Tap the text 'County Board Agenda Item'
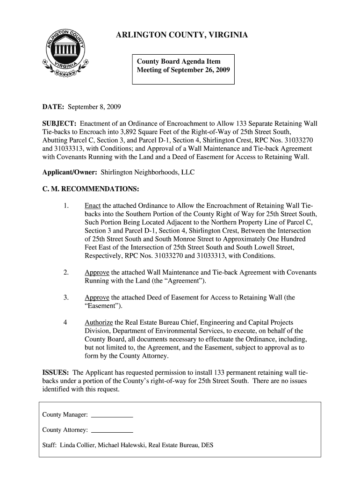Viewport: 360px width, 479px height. [178, 61]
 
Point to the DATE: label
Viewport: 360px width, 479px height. [53, 107]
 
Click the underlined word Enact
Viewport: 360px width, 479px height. [93, 206]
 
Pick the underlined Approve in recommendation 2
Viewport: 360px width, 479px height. [97, 272]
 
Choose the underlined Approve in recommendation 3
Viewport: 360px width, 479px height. [97, 298]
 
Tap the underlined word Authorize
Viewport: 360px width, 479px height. [99, 323]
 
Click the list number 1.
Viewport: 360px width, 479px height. [66, 206]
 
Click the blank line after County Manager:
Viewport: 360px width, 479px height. [112, 415]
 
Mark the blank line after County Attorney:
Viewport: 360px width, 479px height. [112, 430]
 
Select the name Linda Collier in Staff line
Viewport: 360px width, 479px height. [77, 445]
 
